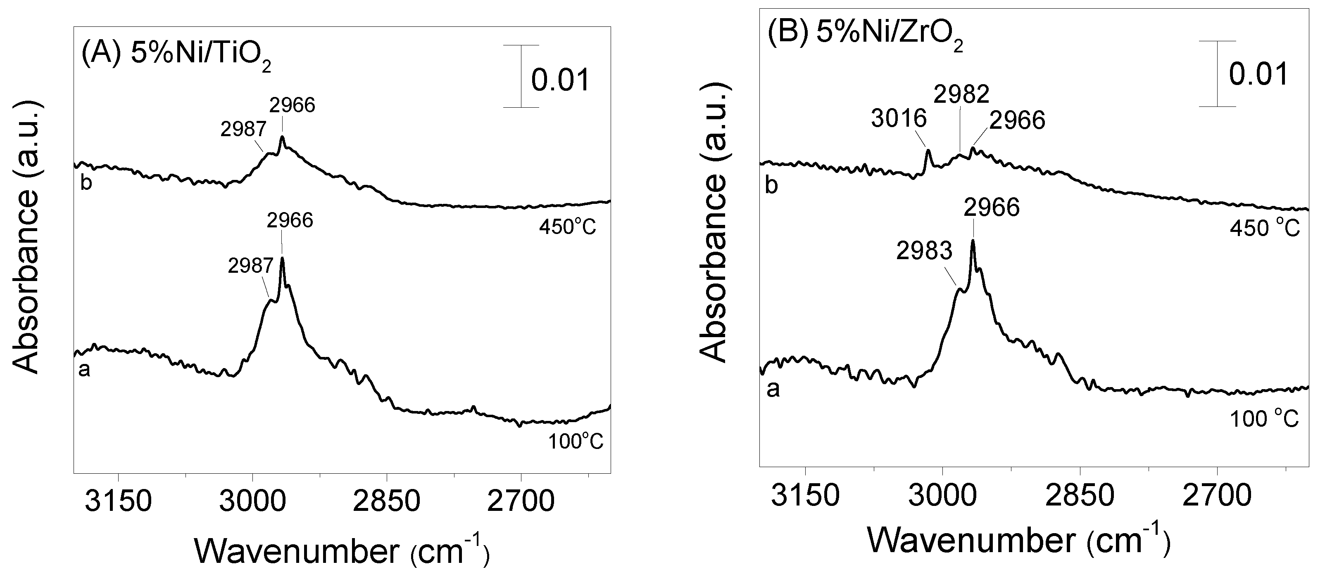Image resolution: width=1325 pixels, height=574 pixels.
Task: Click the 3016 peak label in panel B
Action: coord(899,119)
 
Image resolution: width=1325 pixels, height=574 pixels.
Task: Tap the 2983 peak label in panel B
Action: coord(924,251)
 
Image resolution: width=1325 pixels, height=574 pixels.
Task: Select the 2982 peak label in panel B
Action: coord(962,94)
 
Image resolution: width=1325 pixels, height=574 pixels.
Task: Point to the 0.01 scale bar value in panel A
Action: coord(560,81)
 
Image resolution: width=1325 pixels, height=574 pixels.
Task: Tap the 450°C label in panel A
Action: coord(567,227)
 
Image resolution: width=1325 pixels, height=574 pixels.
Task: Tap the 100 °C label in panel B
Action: coord(1264,419)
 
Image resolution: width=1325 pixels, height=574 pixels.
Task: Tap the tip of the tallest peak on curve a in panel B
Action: coord(972,241)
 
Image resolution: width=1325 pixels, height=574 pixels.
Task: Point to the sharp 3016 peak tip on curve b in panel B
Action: coord(928,150)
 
